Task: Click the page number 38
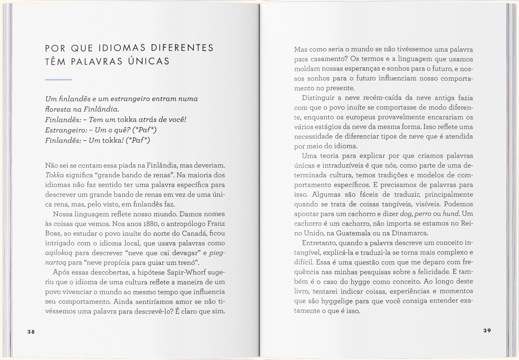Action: [31, 332]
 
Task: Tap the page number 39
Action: [487, 331]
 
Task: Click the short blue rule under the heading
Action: [58, 80]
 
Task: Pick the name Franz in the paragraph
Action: [216, 224]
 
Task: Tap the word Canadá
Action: [194, 233]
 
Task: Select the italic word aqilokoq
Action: [58, 253]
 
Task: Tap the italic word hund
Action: [451, 214]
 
